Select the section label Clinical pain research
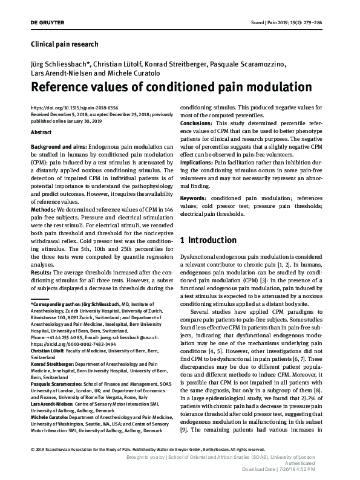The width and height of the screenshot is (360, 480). click(64, 44)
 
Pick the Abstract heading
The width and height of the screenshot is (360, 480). click(41, 132)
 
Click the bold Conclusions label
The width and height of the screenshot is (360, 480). click(197, 123)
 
